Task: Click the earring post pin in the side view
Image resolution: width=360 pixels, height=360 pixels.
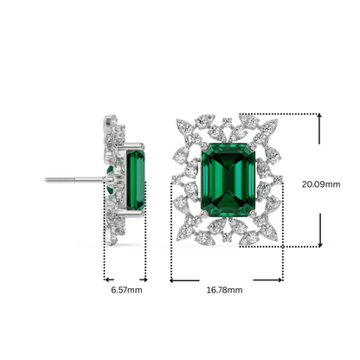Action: click(74, 180)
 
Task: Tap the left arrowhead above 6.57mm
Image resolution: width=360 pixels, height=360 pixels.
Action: click(106, 279)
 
